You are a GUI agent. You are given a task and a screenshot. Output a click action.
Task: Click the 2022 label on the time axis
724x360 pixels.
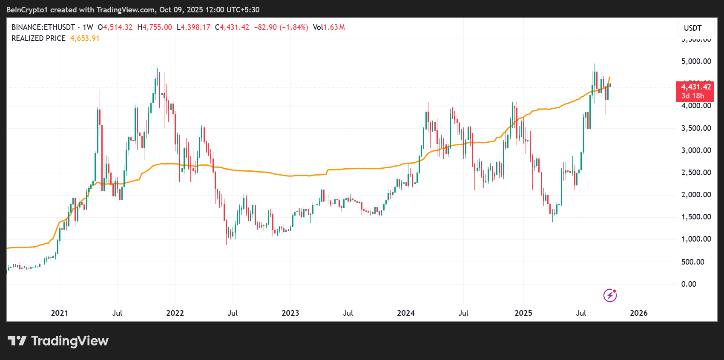tap(175, 313)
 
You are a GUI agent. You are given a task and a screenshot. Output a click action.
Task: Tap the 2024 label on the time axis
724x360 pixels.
tap(405, 313)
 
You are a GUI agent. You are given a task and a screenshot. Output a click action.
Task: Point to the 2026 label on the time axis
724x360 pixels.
tap(638, 313)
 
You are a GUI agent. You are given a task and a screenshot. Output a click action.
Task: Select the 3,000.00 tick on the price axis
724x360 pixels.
tap(696, 150)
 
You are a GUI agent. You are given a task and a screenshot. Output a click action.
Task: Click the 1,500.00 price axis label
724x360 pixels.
tap(696, 217)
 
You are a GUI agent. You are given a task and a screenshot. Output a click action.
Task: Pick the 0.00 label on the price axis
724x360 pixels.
tap(689, 284)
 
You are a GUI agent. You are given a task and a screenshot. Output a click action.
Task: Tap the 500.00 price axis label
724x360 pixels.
tap(692, 262)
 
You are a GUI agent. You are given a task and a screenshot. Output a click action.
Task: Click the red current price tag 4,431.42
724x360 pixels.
tap(696, 87)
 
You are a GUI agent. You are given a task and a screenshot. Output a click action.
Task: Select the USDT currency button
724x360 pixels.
tap(692, 28)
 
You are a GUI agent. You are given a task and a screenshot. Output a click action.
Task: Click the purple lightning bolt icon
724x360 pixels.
tap(610, 295)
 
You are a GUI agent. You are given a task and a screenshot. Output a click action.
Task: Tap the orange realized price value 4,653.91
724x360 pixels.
tap(85, 38)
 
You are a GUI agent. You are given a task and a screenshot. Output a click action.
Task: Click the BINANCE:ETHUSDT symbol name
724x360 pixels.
tap(43, 27)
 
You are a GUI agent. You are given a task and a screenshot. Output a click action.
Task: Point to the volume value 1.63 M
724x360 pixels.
tap(334, 27)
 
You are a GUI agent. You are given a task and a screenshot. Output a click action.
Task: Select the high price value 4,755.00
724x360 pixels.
tap(157, 27)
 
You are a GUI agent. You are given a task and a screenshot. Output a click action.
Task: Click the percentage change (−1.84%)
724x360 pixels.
tap(293, 27)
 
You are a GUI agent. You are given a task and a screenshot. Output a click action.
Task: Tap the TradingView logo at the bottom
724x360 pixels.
tap(58, 341)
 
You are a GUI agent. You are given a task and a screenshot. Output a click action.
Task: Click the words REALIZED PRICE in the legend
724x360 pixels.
tap(38, 38)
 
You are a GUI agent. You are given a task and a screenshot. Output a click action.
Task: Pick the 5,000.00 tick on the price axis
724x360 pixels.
tap(696, 61)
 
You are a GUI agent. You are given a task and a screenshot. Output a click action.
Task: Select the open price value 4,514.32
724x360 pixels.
tap(118, 27)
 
